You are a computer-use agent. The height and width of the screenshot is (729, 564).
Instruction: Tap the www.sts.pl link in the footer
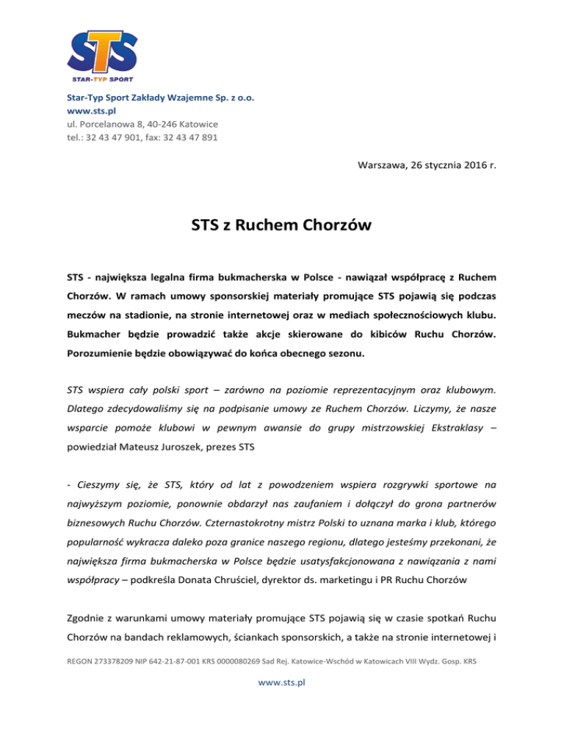pos(282,682)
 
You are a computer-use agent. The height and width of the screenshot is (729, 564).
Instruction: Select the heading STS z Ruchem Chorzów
pos(281,224)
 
